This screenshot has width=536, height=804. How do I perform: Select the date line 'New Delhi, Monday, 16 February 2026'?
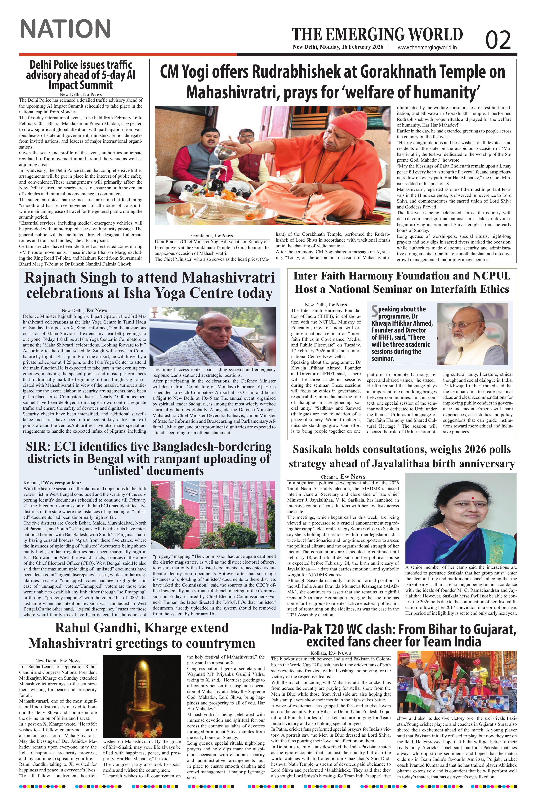tap(338, 47)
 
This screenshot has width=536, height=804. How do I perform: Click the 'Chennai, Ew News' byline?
tap(343, 476)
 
